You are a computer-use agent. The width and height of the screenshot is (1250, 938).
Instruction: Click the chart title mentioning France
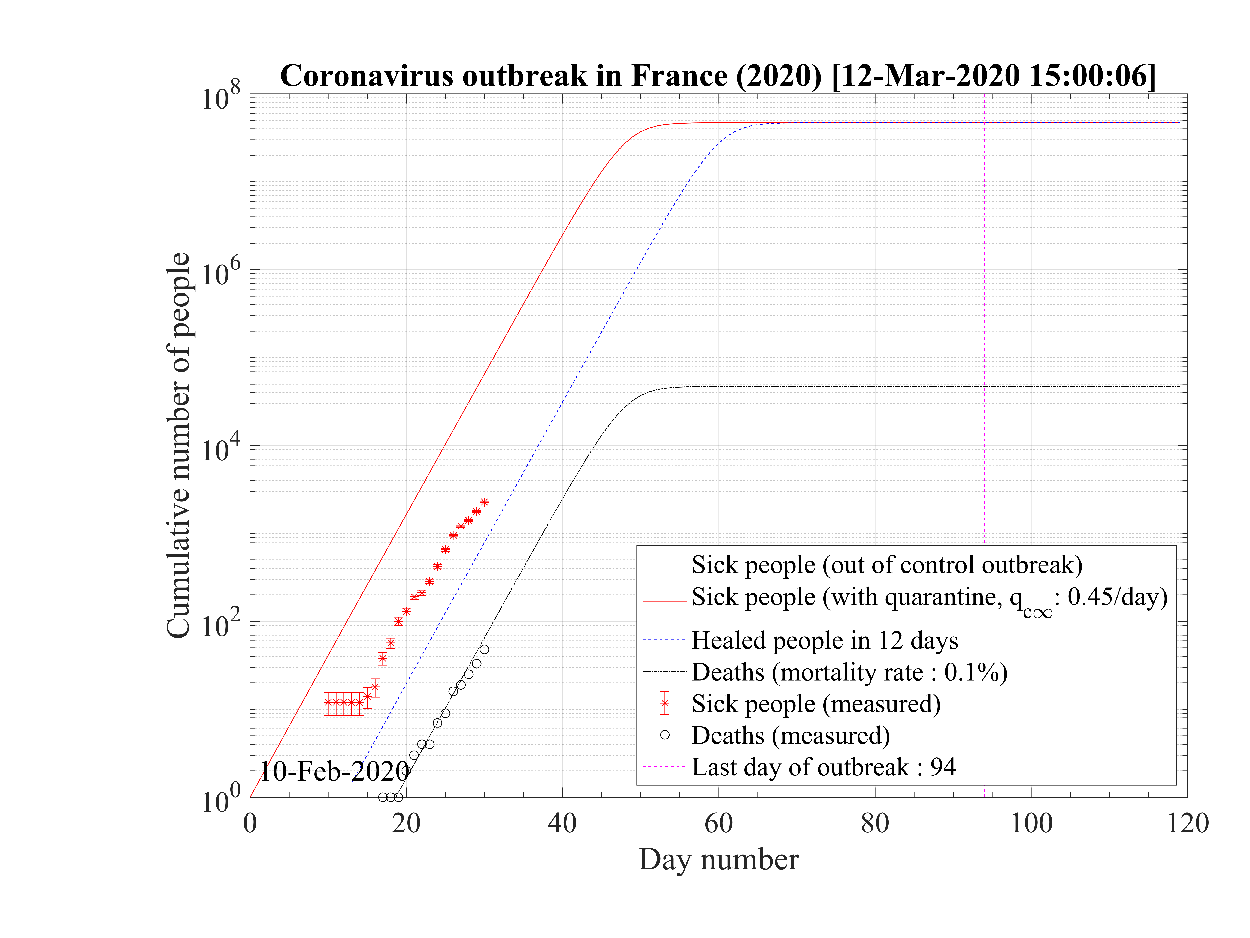click(718, 75)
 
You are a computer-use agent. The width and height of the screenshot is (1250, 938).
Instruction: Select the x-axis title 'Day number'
click(718, 860)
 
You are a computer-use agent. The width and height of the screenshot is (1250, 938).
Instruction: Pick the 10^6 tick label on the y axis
click(220, 272)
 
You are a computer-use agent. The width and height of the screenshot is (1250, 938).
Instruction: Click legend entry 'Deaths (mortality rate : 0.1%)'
click(849, 672)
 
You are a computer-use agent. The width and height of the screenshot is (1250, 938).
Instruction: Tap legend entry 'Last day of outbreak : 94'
click(823, 767)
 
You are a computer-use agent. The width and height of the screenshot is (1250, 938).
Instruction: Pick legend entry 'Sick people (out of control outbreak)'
click(887, 565)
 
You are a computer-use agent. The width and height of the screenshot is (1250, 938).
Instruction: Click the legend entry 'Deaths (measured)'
click(791, 736)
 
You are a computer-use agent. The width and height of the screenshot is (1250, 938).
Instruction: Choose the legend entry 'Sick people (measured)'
click(816, 704)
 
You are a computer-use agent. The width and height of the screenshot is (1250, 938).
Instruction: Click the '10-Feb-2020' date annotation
click(335, 771)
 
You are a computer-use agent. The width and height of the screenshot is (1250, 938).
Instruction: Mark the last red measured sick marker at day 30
click(484, 502)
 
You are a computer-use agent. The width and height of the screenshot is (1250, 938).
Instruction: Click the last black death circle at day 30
click(484, 649)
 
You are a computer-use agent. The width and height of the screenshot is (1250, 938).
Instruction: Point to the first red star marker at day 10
click(328, 703)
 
